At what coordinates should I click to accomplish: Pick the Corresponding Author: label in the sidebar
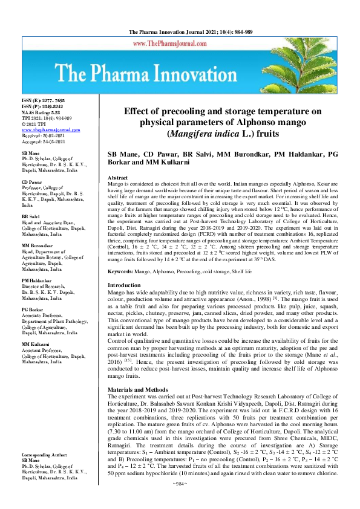click(x=47, y=471)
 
